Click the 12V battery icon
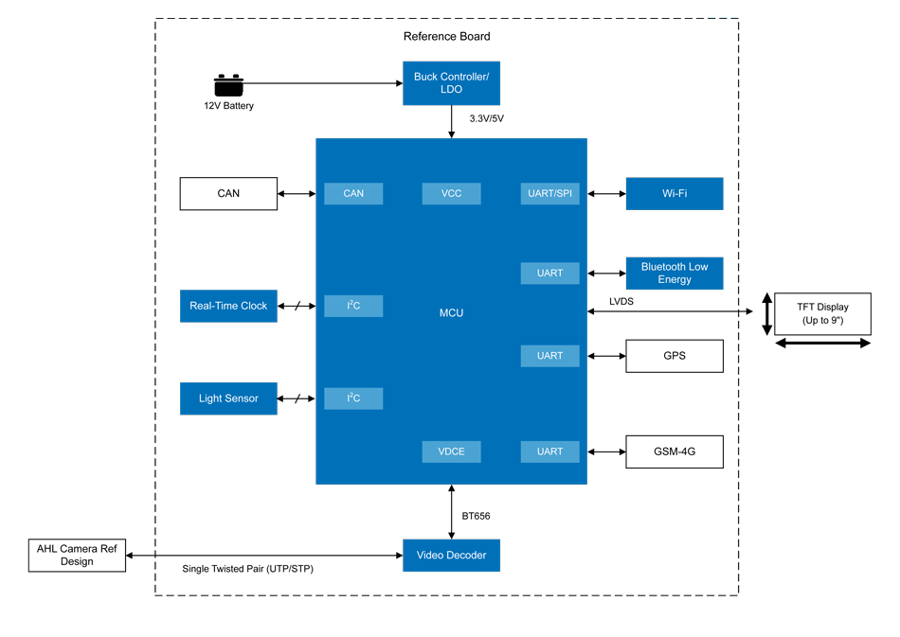[x=228, y=85]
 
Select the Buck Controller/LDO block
[x=451, y=82]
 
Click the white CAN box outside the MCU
[x=228, y=193]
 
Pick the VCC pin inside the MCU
[x=451, y=193]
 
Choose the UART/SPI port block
[x=549, y=193]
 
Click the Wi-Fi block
[x=674, y=193]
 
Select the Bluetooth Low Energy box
[x=674, y=273]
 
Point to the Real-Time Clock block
[x=228, y=306]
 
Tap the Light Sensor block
[x=228, y=398]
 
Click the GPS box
[x=674, y=356]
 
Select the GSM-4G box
[x=674, y=451]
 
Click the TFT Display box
[x=822, y=313]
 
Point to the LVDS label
[x=621, y=301]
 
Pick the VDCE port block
[x=451, y=451]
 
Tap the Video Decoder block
[x=451, y=556]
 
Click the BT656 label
[x=476, y=516]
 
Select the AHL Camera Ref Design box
[x=77, y=556]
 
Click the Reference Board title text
[x=446, y=36]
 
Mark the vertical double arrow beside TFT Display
[x=766, y=313]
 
